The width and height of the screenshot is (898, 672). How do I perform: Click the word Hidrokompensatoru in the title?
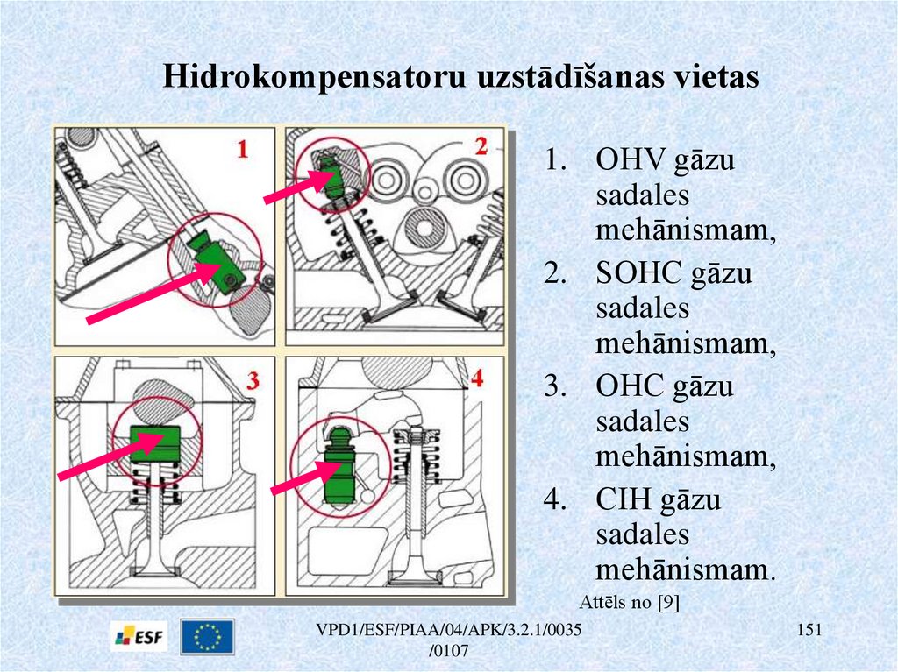tap(315, 76)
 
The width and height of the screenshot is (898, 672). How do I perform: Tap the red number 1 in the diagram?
tap(243, 150)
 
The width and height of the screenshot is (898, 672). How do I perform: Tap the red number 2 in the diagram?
tap(480, 147)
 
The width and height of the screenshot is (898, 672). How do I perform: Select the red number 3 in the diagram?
tap(253, 380)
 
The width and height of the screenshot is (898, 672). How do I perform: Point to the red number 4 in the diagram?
tap(477, 378)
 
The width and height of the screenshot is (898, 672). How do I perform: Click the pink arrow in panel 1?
tap(149, 294)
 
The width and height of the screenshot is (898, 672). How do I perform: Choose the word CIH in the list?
tap(623, 500)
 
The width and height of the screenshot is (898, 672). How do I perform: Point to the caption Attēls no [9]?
tap(631, 602)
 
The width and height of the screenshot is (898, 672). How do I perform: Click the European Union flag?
tap(208, 637)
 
